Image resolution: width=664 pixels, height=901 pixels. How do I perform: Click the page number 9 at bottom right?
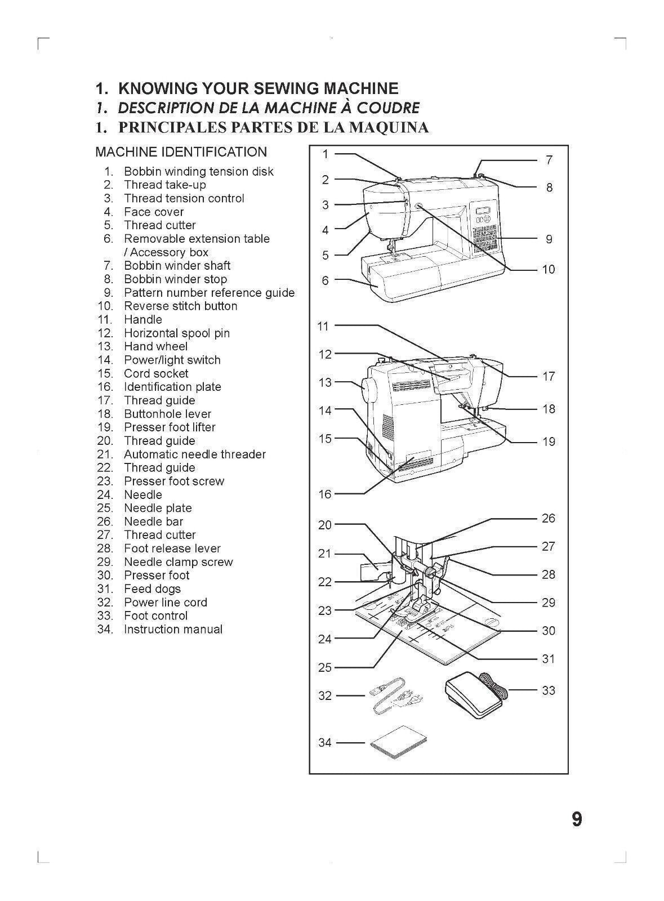tap(576, 819)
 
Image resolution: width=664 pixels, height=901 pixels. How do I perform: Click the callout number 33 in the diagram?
tap(548, 690)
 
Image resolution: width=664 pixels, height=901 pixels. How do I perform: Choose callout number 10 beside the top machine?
tap(548, 269)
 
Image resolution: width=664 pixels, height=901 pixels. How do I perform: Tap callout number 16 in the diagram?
tap(325, 494)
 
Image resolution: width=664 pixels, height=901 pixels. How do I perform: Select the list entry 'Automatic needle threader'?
tap(194, 454)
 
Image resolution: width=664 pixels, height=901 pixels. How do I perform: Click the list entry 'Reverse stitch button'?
tap(180, 306)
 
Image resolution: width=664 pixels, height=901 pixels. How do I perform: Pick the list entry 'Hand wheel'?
tap(155, 347)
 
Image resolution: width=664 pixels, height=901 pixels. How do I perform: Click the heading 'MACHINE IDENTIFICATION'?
tap(181, 152)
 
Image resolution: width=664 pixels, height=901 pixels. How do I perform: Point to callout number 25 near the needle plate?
tap(325, 668)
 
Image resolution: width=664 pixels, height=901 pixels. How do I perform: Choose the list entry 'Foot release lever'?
tap(172, 548)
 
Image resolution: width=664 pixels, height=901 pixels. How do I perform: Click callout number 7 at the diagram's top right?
tap(549, 160)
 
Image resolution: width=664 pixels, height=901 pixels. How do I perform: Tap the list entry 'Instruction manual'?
tap(173, 630)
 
